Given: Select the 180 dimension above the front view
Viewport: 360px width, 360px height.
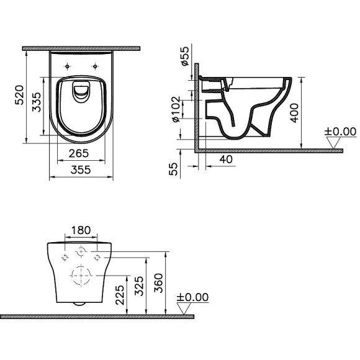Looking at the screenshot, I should [81, 230].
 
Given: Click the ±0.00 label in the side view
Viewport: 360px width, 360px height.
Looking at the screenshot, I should [341, 132].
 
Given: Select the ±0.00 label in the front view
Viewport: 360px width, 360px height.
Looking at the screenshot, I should [193, 298].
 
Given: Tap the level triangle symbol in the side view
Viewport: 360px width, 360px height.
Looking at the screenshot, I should [335, 143].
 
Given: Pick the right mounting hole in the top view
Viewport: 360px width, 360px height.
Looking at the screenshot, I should [96, 66].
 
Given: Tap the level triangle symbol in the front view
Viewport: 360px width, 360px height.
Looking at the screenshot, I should [184, 309].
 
